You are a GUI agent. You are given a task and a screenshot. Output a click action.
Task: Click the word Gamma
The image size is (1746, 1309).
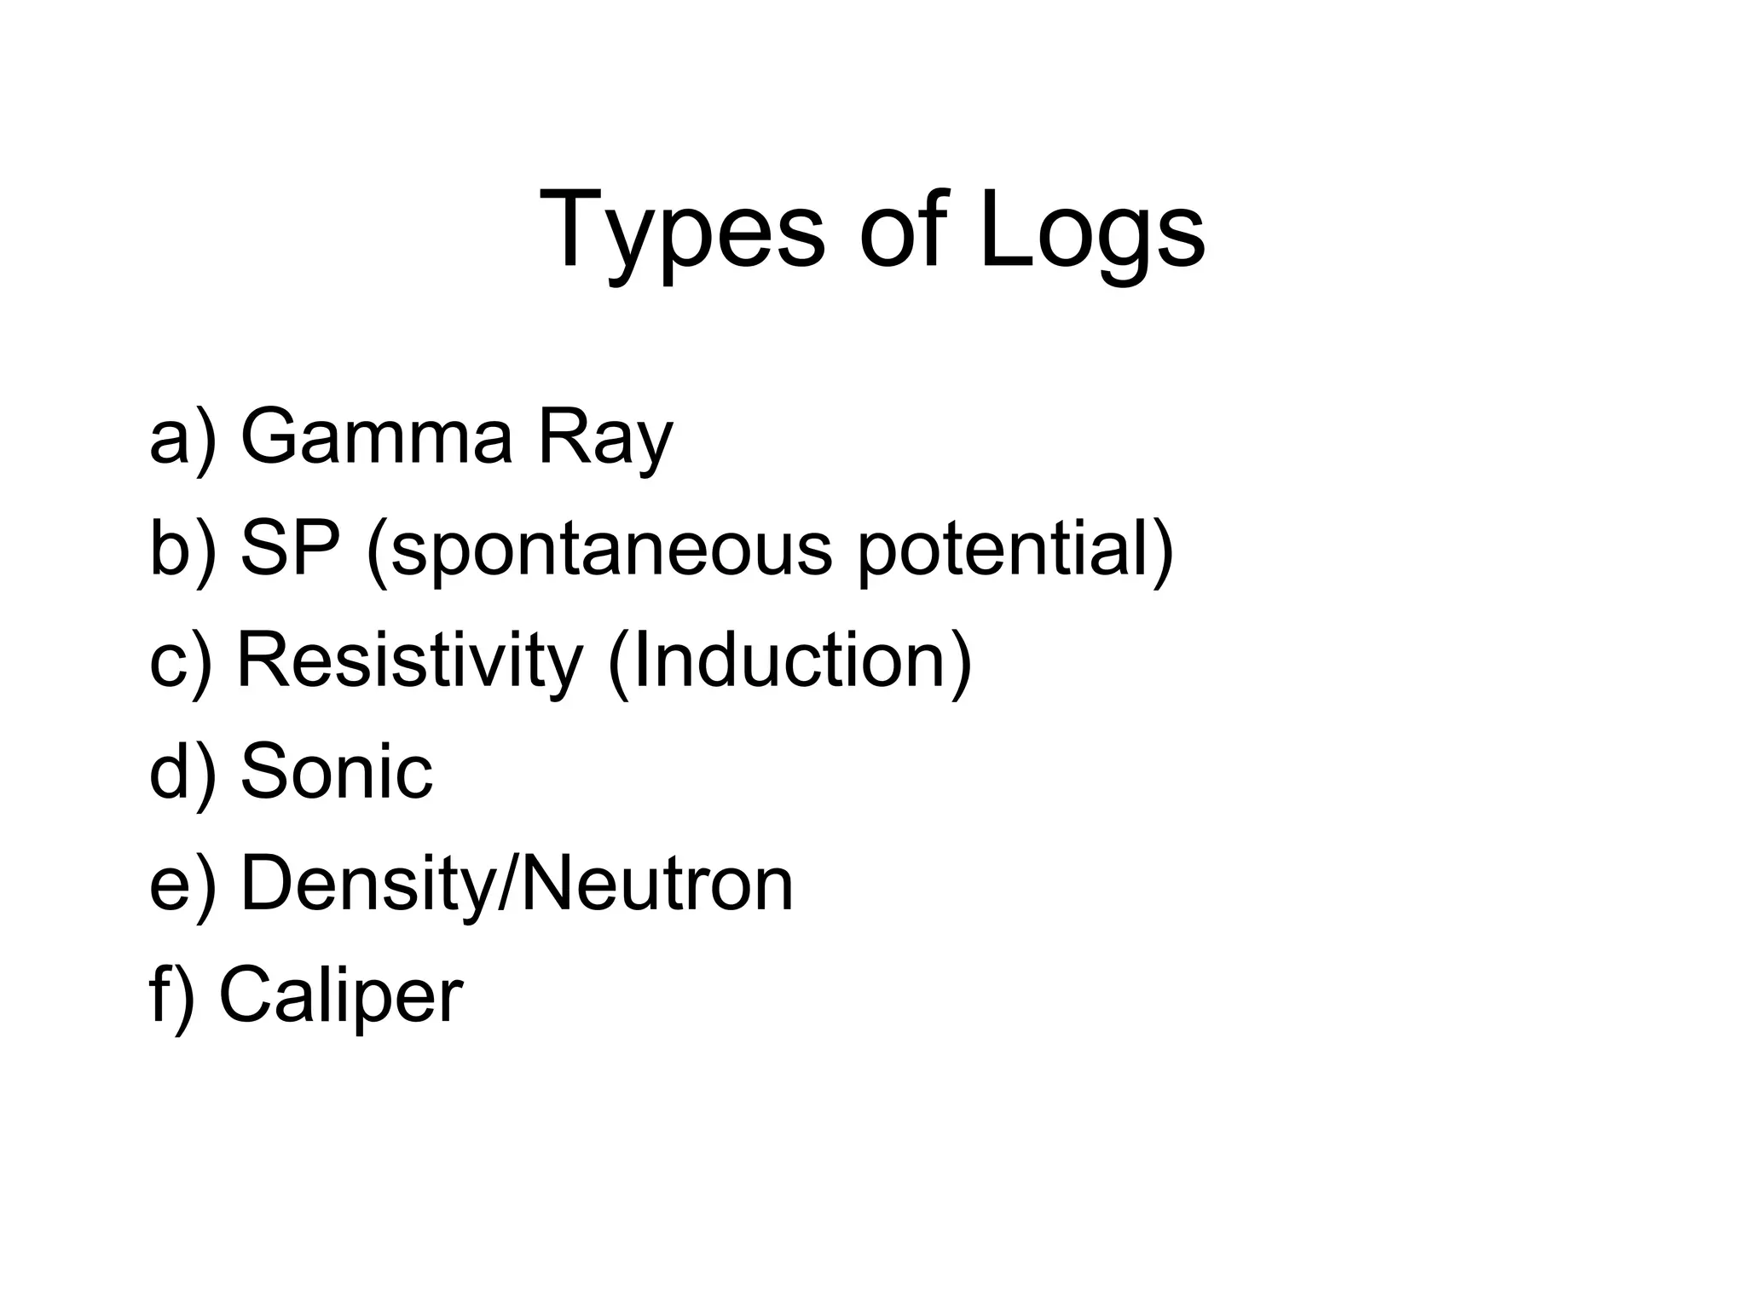[x=377, y=437]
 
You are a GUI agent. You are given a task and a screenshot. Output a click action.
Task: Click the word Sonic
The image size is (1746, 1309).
[x=337, y=771]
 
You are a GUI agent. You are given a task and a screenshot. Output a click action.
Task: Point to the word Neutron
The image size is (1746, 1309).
[x=656, y=883]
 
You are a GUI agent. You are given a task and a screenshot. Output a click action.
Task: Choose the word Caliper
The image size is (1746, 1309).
[x=341, y=995]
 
